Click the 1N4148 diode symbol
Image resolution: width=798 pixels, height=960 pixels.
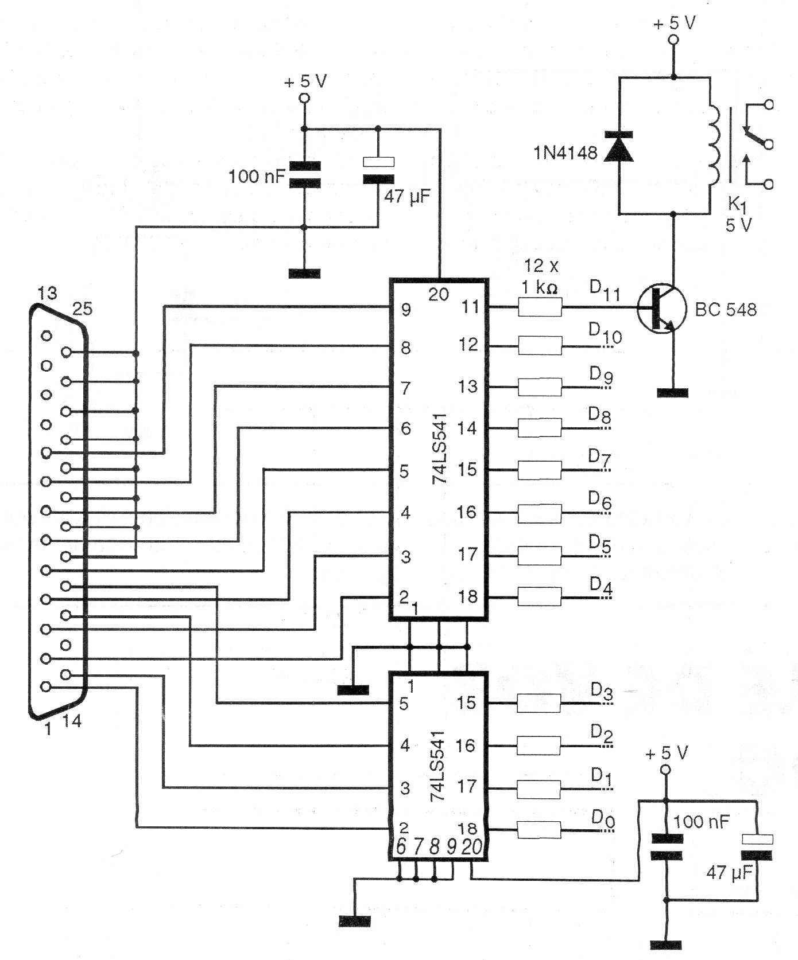619,146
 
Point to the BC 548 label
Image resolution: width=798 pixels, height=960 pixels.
726,310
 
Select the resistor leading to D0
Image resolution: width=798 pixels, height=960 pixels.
539,830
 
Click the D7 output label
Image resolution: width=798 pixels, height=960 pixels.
599,458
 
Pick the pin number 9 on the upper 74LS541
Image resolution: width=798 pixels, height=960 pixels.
406,310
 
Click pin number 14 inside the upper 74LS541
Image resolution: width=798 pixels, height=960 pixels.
467,428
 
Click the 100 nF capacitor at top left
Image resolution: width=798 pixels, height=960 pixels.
304,175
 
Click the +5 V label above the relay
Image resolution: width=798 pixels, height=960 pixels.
675,24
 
